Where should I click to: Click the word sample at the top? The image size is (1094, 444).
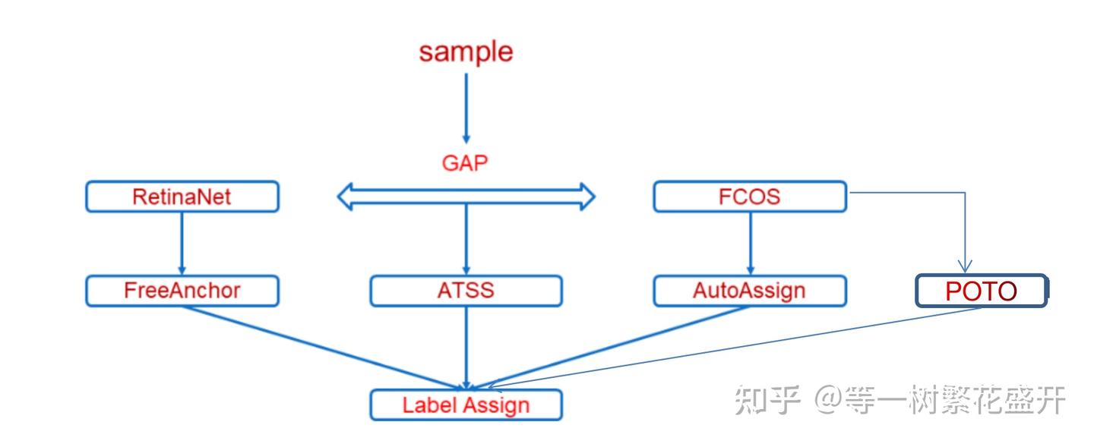point(466,52)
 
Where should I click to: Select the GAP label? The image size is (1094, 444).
point(465,162)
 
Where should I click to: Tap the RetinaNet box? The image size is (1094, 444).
point(182,197)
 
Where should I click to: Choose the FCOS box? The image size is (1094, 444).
point(749,197)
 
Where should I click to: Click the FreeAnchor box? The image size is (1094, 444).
point(182,291)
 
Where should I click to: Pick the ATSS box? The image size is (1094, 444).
point(466,291)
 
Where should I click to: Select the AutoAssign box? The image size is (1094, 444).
point(749,291)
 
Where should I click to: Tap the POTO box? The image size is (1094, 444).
point(981,291)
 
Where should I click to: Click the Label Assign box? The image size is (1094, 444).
point(466,405)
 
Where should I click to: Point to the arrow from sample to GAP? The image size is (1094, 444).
point(466,106)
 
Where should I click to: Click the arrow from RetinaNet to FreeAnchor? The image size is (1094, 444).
point(182,243)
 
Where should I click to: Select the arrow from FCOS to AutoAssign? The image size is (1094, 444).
point(750,243)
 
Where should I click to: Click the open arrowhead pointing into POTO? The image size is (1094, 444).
point(965,265)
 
